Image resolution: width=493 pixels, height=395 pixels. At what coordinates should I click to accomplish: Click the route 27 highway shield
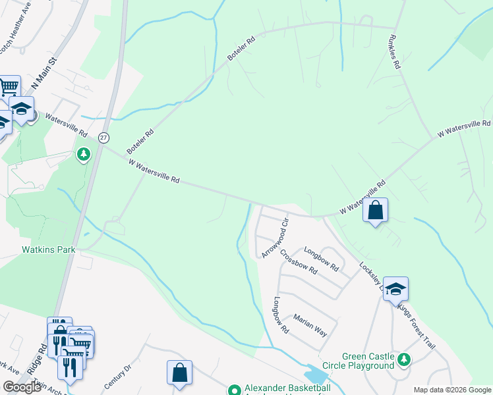pos(103,138)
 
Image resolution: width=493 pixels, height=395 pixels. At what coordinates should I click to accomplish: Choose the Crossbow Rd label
pos(299,261)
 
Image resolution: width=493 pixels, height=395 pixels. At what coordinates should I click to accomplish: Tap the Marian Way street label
pos(310,324)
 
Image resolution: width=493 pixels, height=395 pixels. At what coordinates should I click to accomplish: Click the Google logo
pos(22,387)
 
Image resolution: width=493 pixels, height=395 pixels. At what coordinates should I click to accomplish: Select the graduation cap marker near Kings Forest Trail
pos(395,289)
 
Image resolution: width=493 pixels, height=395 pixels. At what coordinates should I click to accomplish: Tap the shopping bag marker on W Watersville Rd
pos(375,211)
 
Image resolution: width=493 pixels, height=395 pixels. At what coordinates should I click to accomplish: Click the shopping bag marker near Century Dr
pos(179,373)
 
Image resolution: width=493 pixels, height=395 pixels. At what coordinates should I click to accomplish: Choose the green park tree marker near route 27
pos(83,155)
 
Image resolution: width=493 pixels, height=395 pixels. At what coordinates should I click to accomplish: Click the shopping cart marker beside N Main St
pos(9,87)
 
